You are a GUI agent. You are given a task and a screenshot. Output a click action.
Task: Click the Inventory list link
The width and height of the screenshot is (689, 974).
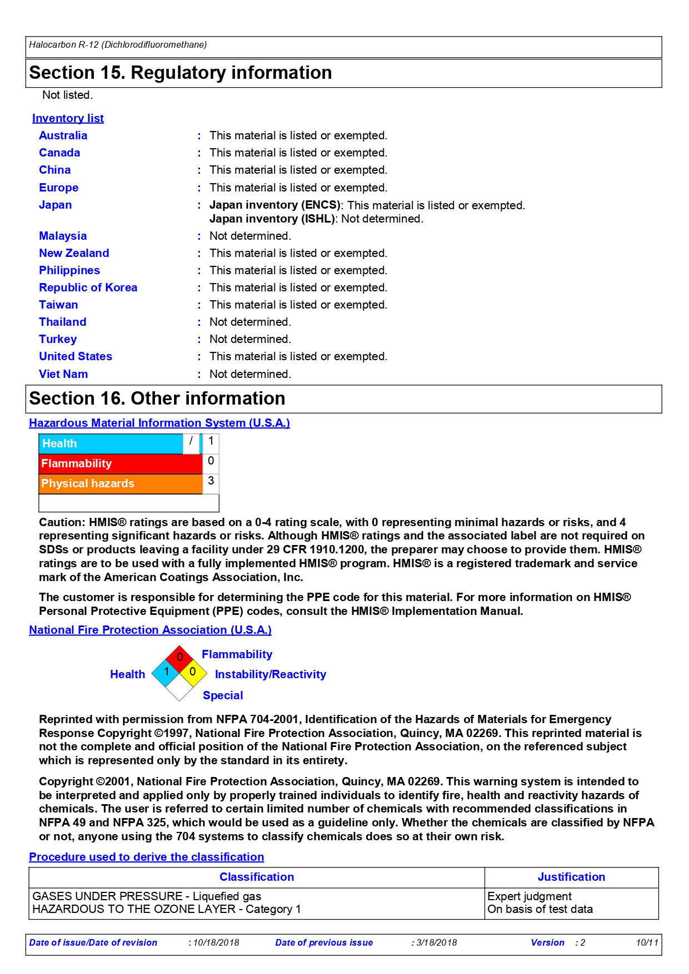(68, 118)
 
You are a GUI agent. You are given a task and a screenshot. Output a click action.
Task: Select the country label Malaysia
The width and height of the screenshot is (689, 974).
(63, 236)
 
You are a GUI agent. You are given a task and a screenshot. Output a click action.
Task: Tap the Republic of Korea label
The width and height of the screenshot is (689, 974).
(88, 287)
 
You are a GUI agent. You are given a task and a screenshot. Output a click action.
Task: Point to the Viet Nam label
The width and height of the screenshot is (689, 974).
(63, 374)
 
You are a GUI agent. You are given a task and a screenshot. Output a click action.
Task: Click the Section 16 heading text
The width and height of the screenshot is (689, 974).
(157, 398)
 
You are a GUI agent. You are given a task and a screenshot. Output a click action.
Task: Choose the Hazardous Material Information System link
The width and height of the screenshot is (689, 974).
(159, 423)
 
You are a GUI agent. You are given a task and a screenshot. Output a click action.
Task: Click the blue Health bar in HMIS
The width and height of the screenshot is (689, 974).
(111, 443)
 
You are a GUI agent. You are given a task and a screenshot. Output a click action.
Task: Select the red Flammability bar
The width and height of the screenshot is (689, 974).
(120, 463)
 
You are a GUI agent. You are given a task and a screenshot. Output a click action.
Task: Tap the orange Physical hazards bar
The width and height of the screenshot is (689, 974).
(120, 483)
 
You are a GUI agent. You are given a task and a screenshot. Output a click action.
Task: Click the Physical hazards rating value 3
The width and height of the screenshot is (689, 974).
(211, 481)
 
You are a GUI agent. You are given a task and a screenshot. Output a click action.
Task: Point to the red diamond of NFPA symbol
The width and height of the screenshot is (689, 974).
(179, 658)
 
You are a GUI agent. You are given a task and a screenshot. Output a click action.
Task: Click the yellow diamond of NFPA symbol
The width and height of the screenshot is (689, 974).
(193, 672)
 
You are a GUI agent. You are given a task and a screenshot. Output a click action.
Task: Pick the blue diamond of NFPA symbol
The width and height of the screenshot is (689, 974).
(166, 672)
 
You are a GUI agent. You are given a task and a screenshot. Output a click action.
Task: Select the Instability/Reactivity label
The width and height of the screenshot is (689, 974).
(270, 674)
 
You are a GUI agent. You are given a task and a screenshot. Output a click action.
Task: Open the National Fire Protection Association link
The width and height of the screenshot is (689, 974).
(150, 630)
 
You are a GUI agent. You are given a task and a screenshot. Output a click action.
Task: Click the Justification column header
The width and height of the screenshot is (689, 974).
(571, 877)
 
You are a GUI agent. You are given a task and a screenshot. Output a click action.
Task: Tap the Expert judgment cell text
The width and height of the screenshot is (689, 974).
(529, 896)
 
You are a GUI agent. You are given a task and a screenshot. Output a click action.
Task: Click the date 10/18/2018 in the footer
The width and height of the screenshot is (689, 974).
(216, 943)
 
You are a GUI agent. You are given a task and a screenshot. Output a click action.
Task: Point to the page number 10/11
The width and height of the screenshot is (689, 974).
(647, 943)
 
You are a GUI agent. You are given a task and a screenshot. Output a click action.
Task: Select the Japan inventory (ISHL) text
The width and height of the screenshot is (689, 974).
(272, 219)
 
